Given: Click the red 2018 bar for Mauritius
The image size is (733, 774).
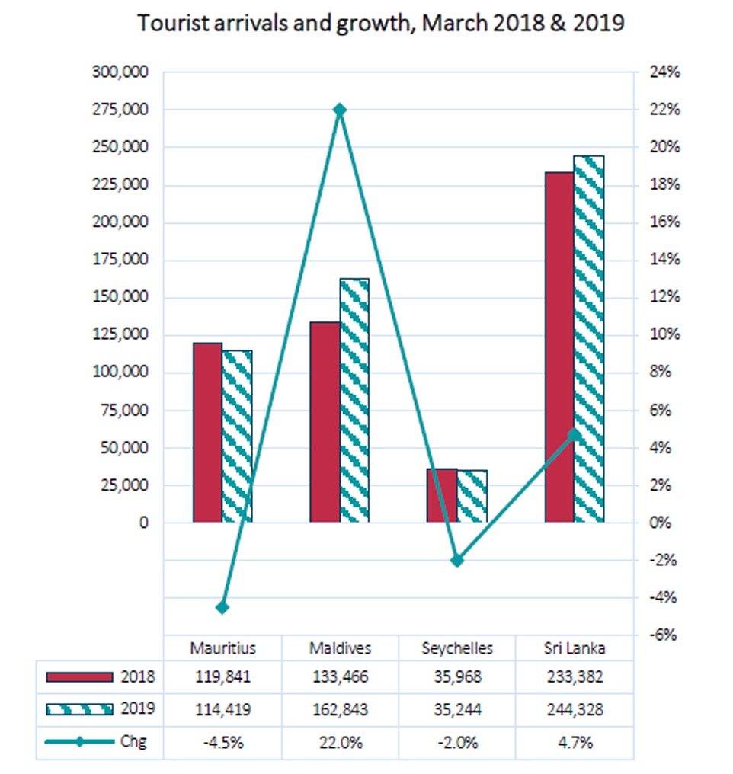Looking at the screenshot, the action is [208, 433].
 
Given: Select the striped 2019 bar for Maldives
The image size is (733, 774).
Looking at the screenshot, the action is [354, 400].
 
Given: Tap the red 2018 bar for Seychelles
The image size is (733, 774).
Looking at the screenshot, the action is [442, 495].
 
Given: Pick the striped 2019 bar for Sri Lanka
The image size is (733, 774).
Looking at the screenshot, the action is [589, 338].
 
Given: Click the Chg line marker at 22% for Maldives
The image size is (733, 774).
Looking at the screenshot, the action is [340, 109].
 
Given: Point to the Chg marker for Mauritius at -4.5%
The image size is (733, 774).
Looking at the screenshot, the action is [222, 607].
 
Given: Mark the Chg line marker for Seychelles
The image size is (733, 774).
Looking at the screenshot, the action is [458, 560].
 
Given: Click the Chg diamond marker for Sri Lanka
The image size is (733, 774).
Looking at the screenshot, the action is [574, 434].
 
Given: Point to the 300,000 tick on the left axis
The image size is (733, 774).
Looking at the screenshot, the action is [120, 72].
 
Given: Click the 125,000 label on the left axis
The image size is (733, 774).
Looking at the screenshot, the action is [120, 334].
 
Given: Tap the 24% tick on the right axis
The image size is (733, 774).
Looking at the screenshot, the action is [664, 72].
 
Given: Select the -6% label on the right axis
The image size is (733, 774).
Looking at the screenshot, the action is [662, 635].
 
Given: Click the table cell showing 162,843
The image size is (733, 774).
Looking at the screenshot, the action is [340, 709].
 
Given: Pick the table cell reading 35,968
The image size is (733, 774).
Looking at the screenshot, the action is [458, 676].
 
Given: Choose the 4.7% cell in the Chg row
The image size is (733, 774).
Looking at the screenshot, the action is [575, 743].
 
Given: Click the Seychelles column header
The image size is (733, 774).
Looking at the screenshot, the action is [457, 648].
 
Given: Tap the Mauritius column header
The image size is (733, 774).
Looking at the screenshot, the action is [223, 648].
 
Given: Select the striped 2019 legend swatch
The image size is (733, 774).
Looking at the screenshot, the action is [79, 709].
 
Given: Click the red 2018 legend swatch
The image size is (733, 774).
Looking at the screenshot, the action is [79, 676].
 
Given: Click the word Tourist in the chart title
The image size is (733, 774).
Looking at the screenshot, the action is [174, 23].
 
